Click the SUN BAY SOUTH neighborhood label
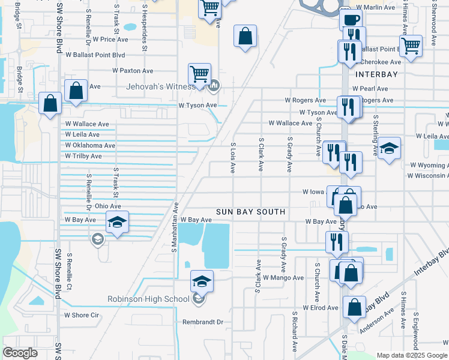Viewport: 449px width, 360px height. tap(251, 212)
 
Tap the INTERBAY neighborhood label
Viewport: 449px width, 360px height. tap(376, 74)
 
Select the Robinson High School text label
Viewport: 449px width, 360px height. tap(148, 299)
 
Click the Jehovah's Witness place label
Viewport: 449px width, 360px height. tap(160, 86)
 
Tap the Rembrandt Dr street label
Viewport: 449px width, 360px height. tap(203, 322)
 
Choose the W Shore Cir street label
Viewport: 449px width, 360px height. tap(81, 315)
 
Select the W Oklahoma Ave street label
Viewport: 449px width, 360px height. tap(90, 145)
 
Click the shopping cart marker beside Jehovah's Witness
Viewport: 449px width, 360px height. tap(200, 74)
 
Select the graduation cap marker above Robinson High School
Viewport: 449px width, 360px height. tap(202, 281)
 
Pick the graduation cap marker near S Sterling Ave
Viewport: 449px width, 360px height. tap(389, 148)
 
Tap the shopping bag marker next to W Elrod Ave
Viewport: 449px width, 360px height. tap(354, 307)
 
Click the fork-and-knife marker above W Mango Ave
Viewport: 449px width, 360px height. tap(337, 241)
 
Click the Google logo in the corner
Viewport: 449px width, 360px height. tap(20, 353)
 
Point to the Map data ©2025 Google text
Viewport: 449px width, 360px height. tap(411, 355)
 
